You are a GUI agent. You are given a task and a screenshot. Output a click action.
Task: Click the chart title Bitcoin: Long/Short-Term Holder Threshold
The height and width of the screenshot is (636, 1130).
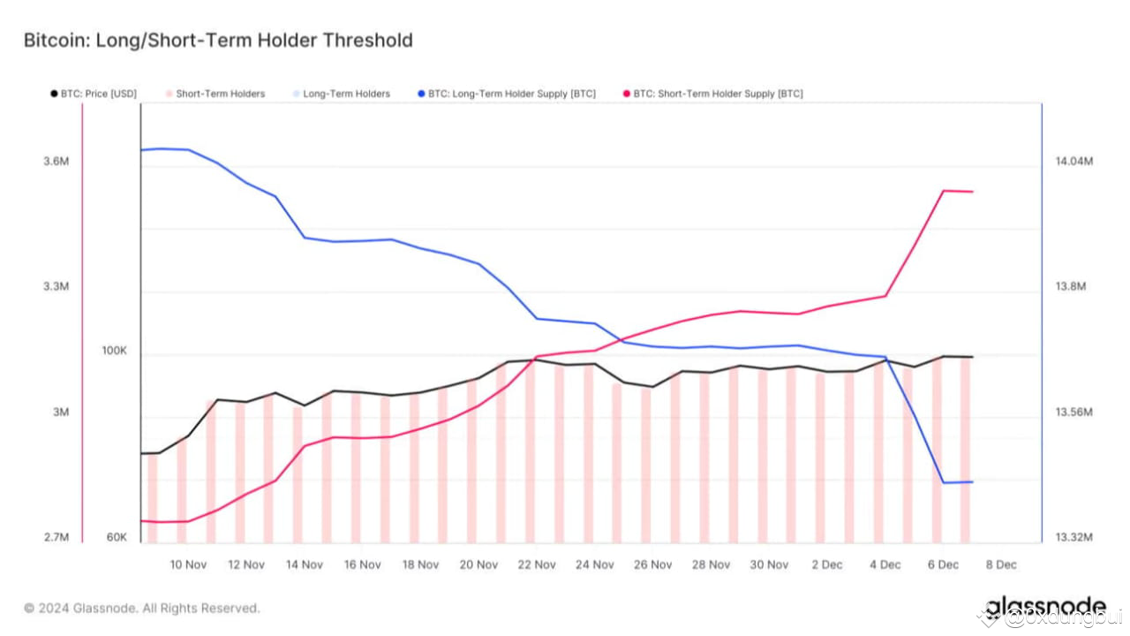pyautogui.click(x=217, y=40)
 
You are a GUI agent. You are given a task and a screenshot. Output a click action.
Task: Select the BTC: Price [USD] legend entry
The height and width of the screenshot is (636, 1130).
pyautogui.click(x=94, y=94)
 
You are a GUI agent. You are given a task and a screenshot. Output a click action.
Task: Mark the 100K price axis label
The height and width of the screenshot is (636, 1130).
pyautogui.click(x=114, y=351)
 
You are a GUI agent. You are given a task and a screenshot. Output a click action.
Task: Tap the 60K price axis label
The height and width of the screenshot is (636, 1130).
pyautogui.click(x=117, y=538)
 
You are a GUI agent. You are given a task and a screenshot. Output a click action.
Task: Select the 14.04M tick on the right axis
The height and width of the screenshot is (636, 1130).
pyautogui.click(x=1073, y=162)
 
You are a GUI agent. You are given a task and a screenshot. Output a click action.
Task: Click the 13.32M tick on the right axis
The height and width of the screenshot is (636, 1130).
pyautogui.click(x=1073, y=538)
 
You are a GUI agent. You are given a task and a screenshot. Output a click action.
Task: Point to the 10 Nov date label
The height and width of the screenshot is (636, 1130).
pyautogui.click(x=188, y=564)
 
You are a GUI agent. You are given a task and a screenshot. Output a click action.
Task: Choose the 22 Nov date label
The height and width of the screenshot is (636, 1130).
pyautogui.click(x=537, y=564)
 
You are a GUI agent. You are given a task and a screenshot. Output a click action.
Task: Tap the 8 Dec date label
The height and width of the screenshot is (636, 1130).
pyautogui.click(x=1000, y=564)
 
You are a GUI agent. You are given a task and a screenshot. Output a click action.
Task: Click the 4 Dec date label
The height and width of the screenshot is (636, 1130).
pyautogui.click(x=885, y=564)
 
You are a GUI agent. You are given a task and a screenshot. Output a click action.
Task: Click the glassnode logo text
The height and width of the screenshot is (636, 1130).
pyautogui.click(x=1045, y=607)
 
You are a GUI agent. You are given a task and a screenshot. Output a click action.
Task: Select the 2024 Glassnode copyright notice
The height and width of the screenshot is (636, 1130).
pyautogui.click(x=142, y=608)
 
